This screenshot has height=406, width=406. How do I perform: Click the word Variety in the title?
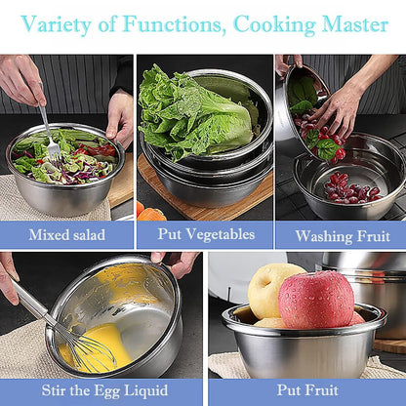click(56, 24)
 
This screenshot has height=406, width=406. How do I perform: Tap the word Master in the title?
click(355, 23)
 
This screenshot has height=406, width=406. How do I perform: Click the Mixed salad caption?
click(66, 235)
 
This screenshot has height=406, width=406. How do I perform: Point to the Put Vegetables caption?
click(206, 234)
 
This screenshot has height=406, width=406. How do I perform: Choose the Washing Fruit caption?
click(343, 236)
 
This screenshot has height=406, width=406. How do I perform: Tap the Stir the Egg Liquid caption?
click(104, 390)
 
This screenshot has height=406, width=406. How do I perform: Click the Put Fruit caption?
click(307, 389)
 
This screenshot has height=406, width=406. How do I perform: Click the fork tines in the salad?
click(55, 151)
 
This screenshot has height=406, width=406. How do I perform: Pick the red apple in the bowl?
click(316, 300)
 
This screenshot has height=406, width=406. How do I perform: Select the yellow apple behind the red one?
click(270, 290)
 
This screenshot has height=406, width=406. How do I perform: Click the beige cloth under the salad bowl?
click(49, 202)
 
